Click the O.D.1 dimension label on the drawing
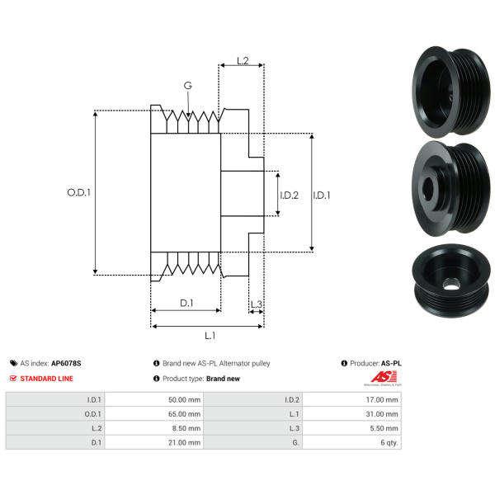78,192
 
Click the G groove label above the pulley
188,86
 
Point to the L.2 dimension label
243,61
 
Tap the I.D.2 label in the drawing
289,196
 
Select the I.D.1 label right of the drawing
322,196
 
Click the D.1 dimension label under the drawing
186,304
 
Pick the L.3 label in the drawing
256,304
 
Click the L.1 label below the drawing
210,335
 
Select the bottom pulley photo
448,279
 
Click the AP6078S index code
67,363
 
